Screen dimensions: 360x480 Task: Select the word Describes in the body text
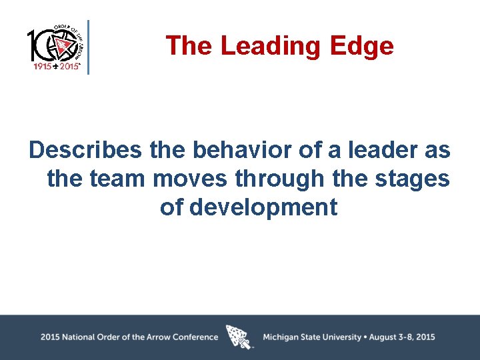pos(85,150)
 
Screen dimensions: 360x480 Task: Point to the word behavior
pos(243,150)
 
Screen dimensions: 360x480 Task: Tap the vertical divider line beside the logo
pos(88,46)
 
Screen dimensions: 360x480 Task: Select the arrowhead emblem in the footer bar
pos(240,337)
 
